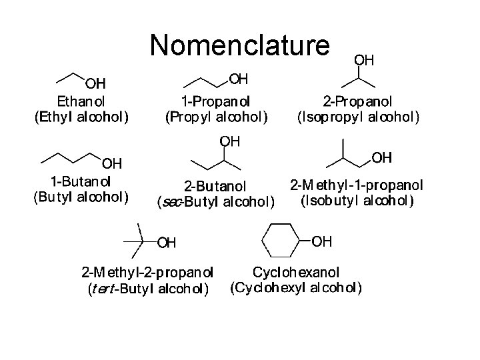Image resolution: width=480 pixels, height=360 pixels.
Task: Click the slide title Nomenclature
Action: coord(239,45)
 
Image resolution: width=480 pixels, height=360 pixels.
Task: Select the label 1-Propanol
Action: coord(216,102)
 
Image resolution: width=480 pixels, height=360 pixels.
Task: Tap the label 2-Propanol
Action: coord(357,102)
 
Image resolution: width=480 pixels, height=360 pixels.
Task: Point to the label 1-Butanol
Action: coord(81,181)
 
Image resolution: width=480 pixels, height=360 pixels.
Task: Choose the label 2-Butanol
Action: coord(215,185)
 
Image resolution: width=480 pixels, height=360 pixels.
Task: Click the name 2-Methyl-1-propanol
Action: coord(357,184)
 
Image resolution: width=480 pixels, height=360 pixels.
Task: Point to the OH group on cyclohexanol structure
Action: coord(321,241)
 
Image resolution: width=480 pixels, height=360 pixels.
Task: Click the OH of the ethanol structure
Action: coord(95,83)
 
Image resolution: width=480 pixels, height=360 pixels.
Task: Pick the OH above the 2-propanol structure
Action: coord(363,59)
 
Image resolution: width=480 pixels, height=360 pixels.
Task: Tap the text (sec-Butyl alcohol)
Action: coord(215,201)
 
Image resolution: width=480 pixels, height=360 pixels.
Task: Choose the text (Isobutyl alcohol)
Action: coord(357,200)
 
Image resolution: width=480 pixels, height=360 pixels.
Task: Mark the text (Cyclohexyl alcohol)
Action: coord(296,289)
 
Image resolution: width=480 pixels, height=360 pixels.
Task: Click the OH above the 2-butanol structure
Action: coord(230,141)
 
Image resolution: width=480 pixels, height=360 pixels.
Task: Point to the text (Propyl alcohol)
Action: coord(216,118)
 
